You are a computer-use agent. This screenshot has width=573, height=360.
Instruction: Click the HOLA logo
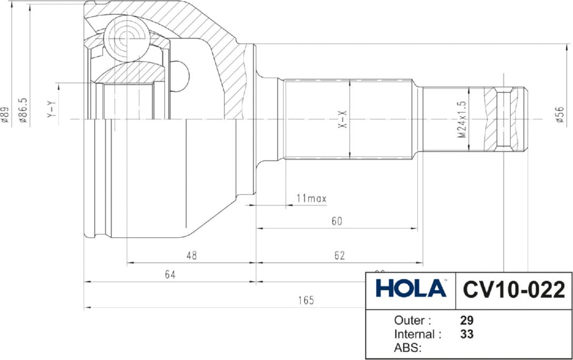[411, 289]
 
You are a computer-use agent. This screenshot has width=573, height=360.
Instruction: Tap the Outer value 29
[466, 320]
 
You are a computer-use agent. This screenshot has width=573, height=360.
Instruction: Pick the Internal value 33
[466, 334]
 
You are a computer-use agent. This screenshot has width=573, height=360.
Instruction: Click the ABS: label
[409, 348]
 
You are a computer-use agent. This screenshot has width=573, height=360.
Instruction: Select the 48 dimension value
[192, 256]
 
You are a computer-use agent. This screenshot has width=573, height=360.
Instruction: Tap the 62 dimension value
[339, 256]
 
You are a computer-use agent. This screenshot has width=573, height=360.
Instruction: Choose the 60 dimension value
[337, 221]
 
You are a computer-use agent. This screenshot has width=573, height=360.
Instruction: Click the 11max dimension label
[311, 199]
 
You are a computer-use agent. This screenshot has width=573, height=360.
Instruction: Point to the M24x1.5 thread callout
[462, 120]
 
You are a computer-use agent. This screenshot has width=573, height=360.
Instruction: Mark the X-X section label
[342, 120]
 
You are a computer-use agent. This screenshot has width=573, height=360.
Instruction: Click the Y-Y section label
[51, 108]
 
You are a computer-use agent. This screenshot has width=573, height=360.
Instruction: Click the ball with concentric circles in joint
[125, 37]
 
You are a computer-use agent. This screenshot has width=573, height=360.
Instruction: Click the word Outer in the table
[412, 320]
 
